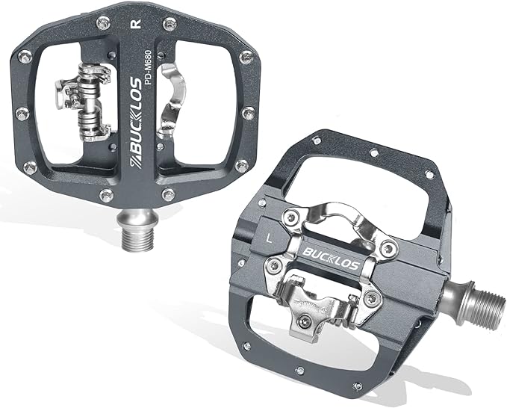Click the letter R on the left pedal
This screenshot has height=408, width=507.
[134, 23]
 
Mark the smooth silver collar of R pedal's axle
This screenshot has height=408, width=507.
[136, 218]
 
